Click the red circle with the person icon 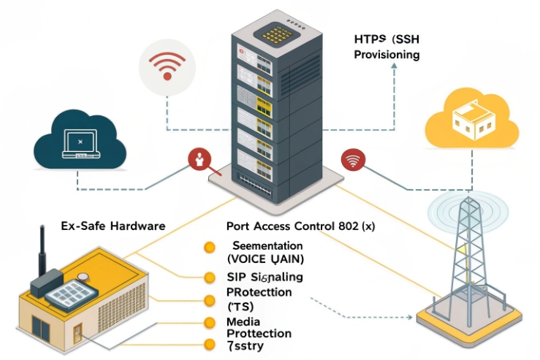pos(199,160)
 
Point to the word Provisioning pos(387,55)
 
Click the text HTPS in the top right pos(368,39)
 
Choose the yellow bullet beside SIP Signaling pos(210,277)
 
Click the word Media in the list pos(243,321)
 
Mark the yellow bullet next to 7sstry pos(210,345)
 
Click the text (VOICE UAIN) pos(265,259)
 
